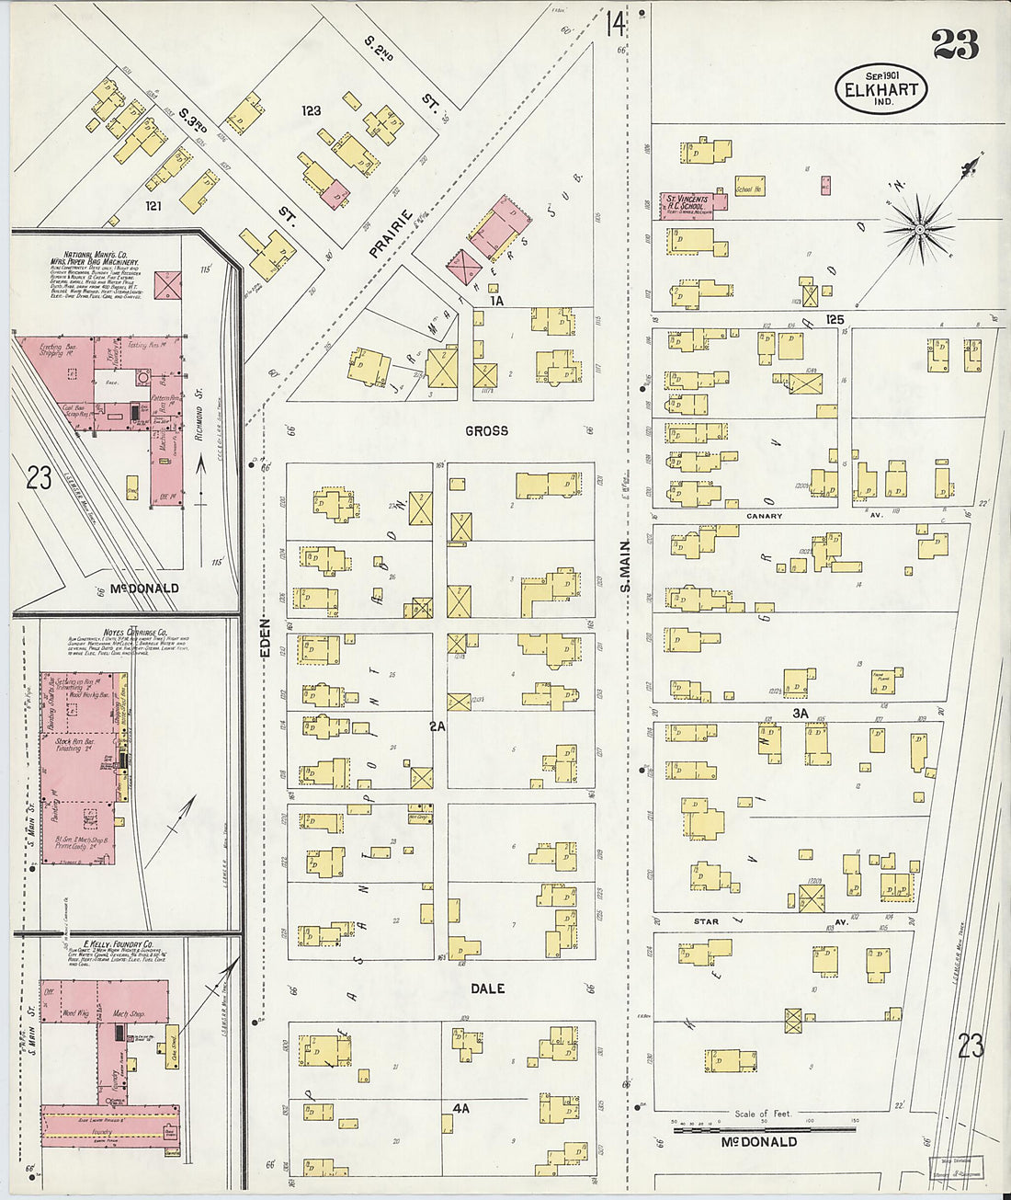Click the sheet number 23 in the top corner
coord(955,43)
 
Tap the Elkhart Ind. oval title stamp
coord(880,89)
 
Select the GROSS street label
coord(486,430)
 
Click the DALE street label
coord(487,989)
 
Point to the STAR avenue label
coord(706,920)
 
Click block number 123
coord(312,110)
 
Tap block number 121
coord(153,206)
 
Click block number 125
coord(834,319)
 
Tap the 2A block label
coord(437,726)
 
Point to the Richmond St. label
coord(199,415)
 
